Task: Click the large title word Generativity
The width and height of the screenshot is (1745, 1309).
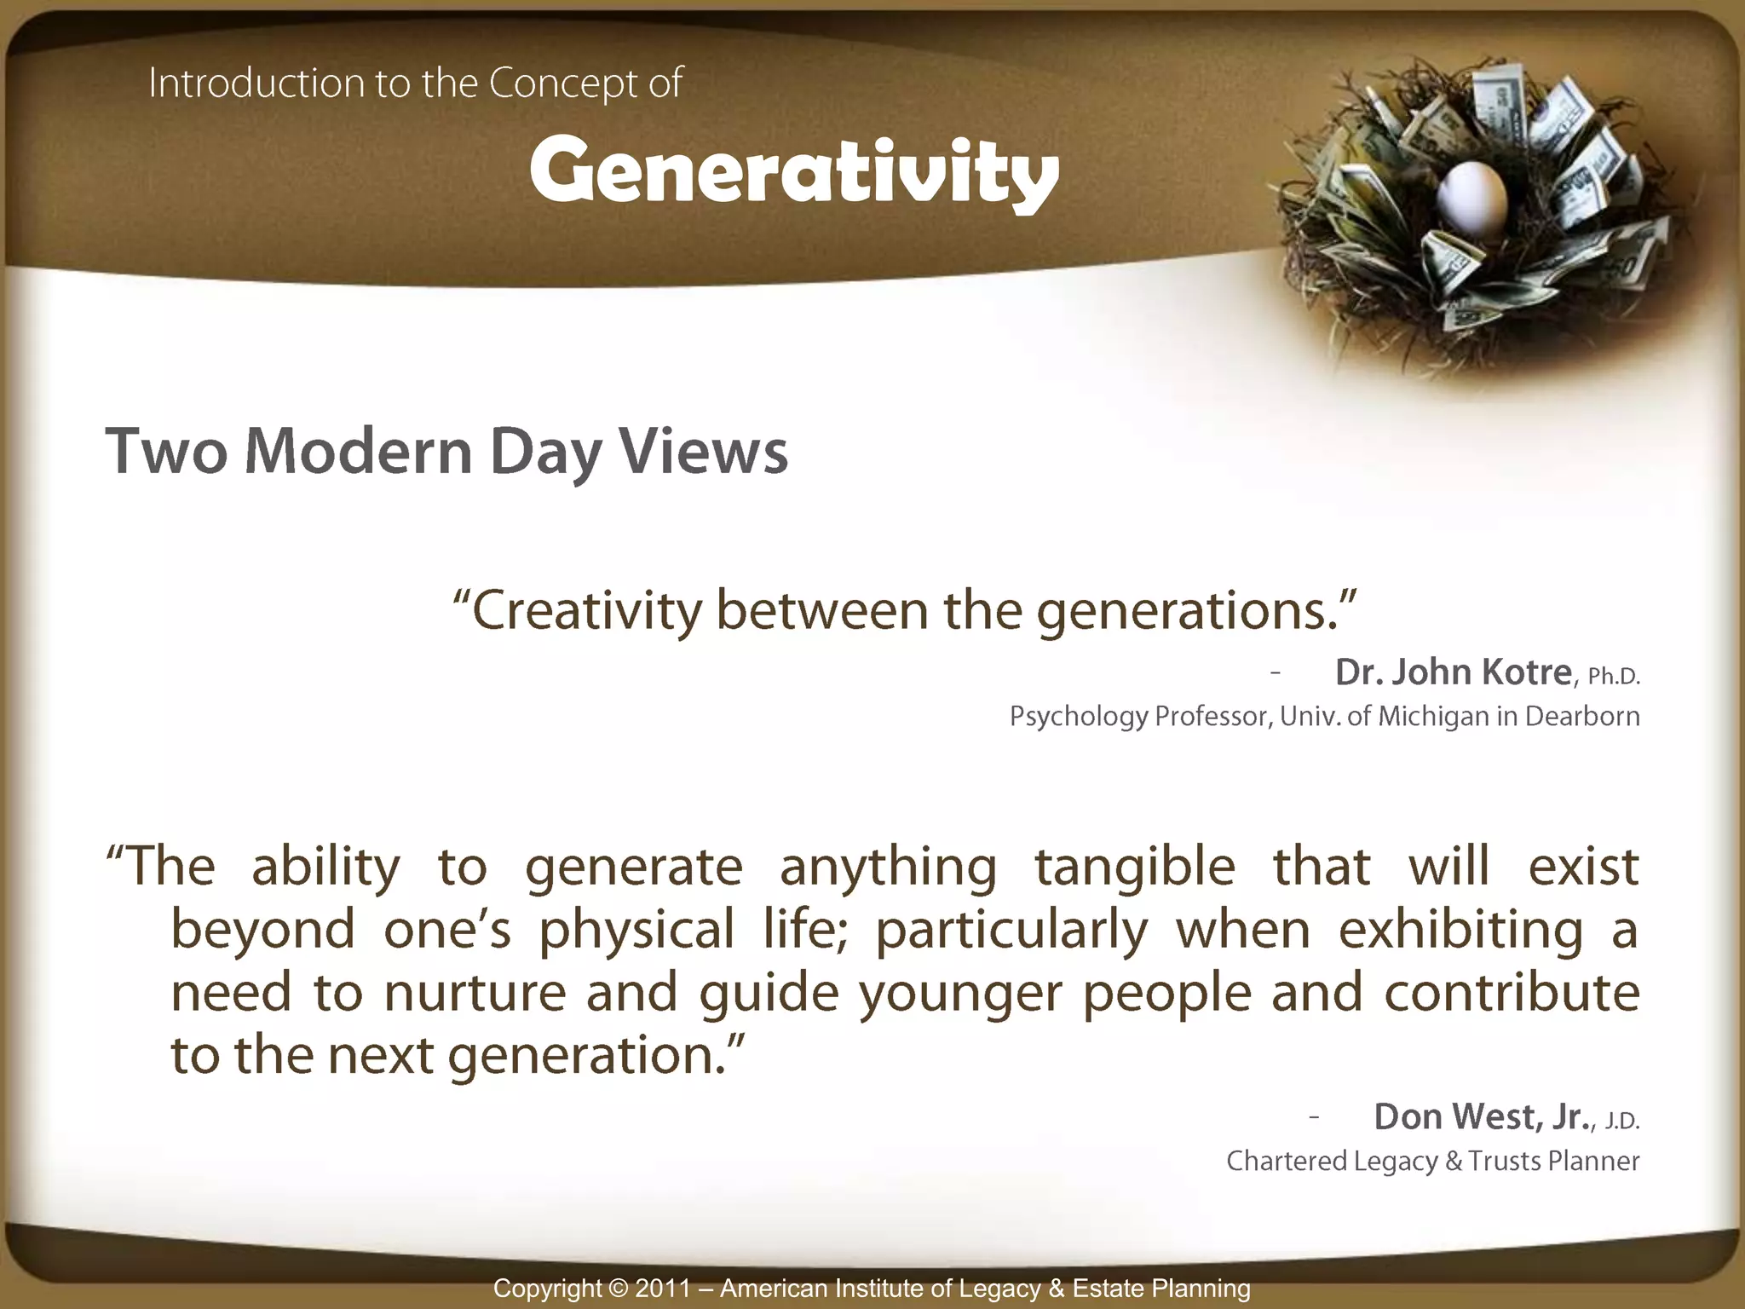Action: [794, 171]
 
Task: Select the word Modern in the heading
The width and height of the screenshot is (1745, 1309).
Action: [358, 451]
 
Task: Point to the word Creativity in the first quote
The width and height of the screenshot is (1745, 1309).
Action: [587, 611]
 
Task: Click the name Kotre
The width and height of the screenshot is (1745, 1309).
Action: [1526, 672]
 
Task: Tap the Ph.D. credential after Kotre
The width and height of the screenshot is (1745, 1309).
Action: [1614, 677]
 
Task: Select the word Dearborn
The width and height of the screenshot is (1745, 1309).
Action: [1582, 716]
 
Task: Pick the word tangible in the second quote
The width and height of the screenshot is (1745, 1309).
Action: [1135, 868]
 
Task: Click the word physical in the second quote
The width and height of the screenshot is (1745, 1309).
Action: [636, 931]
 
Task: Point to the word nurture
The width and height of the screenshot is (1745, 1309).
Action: [475, 993]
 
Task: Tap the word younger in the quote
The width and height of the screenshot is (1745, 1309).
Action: [960, 995]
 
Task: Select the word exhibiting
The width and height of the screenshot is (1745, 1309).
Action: [1461, 931]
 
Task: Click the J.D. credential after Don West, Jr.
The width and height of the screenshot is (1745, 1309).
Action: [1622, 1122]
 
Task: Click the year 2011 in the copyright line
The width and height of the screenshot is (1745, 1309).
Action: [663, 1288]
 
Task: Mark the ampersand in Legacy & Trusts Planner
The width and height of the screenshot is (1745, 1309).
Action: [1452, 1161]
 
